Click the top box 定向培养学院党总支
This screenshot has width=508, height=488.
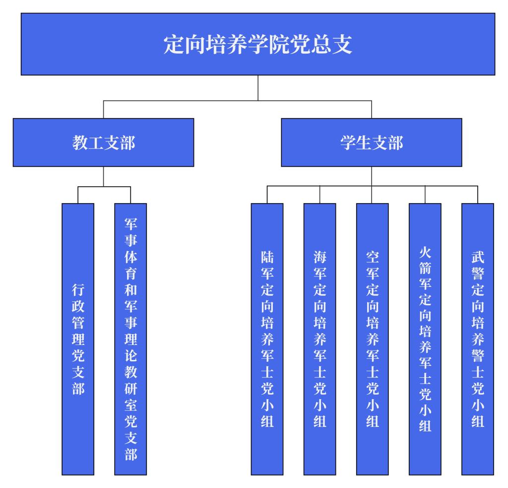click(258, 44)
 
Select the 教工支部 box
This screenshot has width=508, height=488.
click(103, 142)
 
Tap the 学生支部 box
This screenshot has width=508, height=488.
click(372, 142)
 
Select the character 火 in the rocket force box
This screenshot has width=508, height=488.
click(425, 250)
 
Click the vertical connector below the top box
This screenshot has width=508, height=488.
click(258, 88)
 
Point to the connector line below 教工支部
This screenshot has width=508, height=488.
click(103, 176)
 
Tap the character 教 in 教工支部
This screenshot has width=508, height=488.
click(81, 142)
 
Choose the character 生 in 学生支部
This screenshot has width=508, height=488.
click(363, 142)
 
